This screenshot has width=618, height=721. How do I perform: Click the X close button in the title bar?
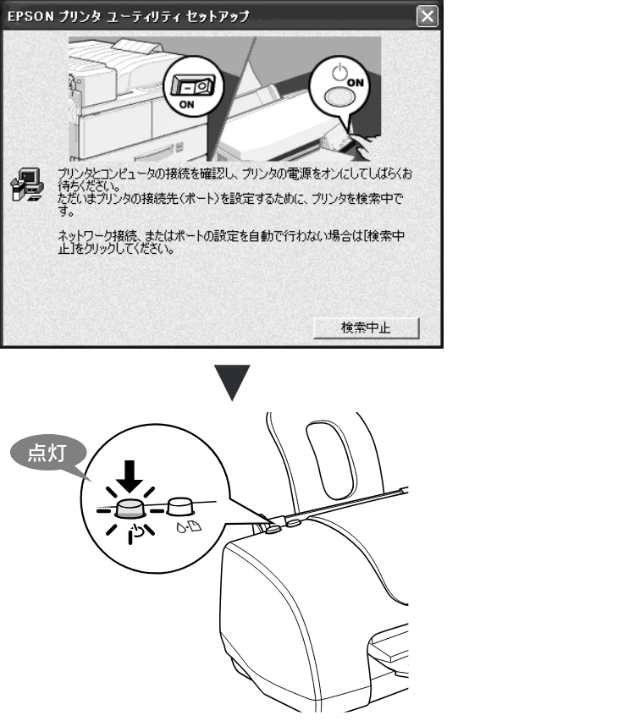pyautogui.click(x=427, y=17)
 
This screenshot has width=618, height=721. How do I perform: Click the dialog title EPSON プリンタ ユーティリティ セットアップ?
pyautogui.click(x=129, y=17)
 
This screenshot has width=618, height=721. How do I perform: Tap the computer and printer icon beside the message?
pyautogui.click(x=27, y=184)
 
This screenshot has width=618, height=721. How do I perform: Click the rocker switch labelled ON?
pyautogui.click(x=192, y=85)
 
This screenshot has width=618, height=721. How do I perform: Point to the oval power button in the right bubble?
pyautogui.click(x=339, y=96)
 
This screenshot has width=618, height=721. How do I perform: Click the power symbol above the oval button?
pyautogui.click(x=339, y=72)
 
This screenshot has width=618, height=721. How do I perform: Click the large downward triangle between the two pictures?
pyautogui.click(x=232, y=383)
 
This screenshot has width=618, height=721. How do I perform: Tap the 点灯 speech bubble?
pyautogui.click(x=47, y=454)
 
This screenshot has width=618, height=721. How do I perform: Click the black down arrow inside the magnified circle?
pyautogui.click(x=130, y=476)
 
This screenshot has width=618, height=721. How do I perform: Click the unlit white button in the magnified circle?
pyautogui.click(x=181, y=506)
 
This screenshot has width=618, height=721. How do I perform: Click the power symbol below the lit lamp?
pyautogui.click(x=136, y=532)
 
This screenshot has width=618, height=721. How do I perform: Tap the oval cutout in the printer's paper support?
pyautogui.click(x=331, y=460)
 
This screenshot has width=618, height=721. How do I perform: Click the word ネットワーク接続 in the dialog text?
pyautogui.click(x=97, y=236)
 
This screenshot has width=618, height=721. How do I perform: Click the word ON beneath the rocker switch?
pyautogui.click(x=187, y=104)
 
